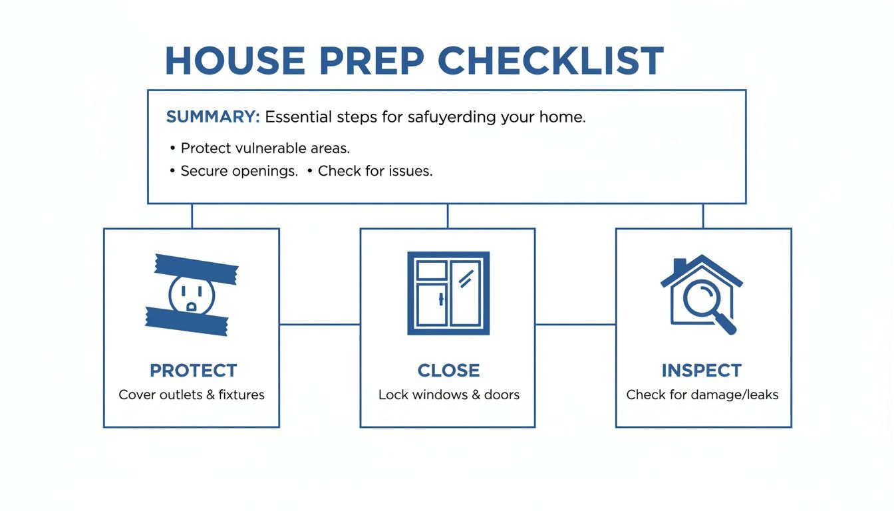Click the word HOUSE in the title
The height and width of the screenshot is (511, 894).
(x=234, y=61)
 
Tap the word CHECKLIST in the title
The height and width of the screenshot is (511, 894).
(x=551, y=61)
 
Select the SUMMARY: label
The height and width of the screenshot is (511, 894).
(x=212, y=117)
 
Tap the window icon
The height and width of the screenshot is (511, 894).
(x=448, y=293)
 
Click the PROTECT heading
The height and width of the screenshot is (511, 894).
(x=193, y=371)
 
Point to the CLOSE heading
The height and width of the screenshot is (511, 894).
(x=448, y=371)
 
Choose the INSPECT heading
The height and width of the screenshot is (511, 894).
(x=701, y=371)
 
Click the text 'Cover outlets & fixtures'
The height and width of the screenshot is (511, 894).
(x=192, y=395)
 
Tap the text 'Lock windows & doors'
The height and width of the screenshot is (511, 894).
(x=448, y=395)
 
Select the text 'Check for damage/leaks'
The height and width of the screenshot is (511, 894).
(x=702, y=395)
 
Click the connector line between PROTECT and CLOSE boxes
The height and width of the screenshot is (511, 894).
(x=319, y=325)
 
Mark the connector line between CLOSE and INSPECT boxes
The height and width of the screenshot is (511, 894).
(x=575, y=325)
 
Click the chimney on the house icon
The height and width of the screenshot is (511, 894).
(x=679, y=266)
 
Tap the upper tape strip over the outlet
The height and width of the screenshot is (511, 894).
(x=196, y=268)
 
